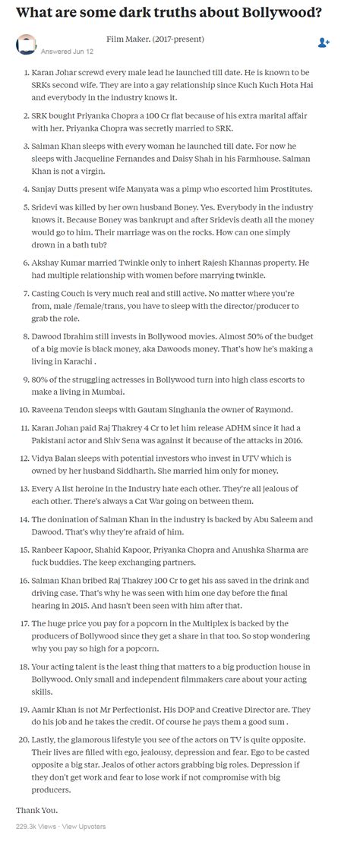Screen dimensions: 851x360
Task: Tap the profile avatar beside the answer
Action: click(x=25, y=43)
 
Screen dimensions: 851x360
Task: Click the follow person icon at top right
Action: click(x=324, y=42)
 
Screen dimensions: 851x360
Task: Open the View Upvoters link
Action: click(x=84, y=825)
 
